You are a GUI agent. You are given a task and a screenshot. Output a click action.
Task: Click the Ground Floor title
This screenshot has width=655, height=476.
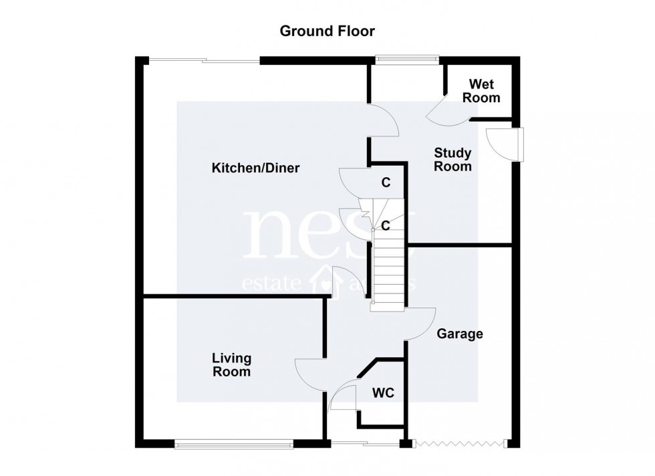coord(327,31)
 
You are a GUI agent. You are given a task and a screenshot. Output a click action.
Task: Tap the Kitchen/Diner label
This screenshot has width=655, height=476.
coord(255,168)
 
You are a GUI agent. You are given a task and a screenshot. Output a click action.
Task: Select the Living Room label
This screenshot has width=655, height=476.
coord(231,365)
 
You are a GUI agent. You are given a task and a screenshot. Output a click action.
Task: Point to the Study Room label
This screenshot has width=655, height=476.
coord(452,160)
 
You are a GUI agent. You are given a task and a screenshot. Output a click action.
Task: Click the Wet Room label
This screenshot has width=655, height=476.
coord(484,91)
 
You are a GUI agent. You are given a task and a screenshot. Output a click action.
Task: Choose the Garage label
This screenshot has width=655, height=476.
coord(460,334)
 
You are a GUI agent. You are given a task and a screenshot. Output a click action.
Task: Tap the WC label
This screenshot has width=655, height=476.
coord(383,393)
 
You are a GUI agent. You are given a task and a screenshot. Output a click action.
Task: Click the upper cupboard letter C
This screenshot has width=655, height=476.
coord(386,182)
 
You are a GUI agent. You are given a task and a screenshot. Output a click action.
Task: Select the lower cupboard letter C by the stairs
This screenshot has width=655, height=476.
coord(386,226)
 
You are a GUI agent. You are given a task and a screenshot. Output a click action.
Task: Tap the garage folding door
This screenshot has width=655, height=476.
coord(460,443)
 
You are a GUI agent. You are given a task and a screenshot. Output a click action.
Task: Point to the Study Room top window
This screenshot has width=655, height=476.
coord(405,60)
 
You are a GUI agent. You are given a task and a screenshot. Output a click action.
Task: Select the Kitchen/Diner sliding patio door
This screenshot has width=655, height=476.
coord(203,62)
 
